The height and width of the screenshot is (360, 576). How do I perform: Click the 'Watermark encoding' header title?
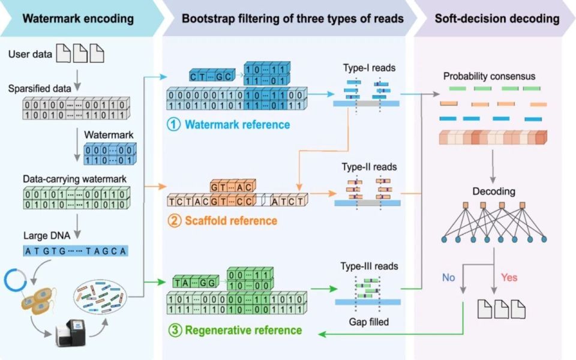pos(78,19)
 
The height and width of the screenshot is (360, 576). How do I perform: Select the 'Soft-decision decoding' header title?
pos(496,19)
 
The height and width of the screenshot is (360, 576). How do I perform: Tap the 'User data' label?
pos(28,55)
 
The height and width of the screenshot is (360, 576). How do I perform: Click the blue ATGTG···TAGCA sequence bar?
pos(76,251)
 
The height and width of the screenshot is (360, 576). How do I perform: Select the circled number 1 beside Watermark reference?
pos(173,125)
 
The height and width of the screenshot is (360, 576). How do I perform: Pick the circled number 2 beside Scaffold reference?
pos(174,221)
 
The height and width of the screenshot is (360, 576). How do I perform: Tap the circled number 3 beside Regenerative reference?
pos(173,329)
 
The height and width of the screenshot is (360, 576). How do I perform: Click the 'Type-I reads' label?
pos(369,68)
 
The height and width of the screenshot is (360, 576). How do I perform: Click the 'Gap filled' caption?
pos(369,322)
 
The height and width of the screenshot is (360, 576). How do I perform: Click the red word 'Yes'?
pos(509,277)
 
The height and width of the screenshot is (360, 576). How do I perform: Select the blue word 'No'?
pos(449,277)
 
